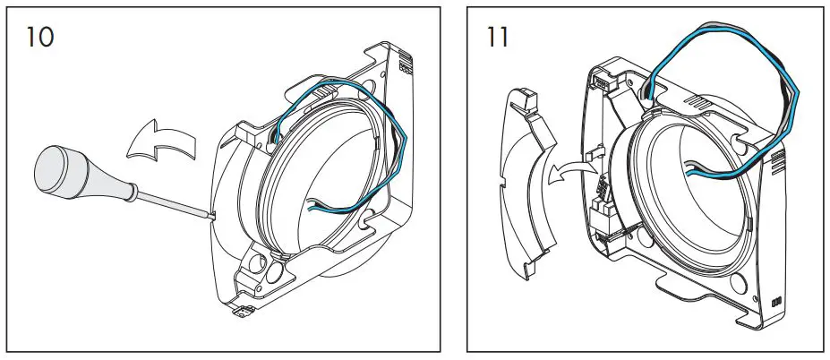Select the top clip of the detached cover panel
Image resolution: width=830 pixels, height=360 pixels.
(x=526, y=97)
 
